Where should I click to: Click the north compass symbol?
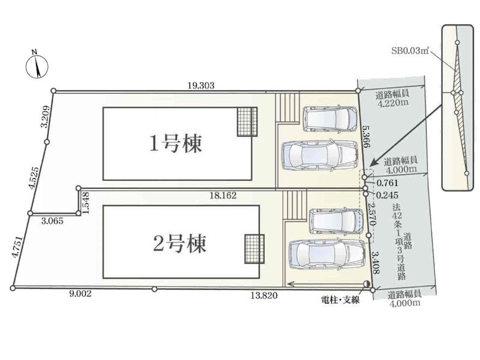37,67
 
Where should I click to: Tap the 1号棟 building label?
176,143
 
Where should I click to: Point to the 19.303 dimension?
201,85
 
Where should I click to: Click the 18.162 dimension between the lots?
223,196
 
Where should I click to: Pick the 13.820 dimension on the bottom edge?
264,295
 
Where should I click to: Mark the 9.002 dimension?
80,294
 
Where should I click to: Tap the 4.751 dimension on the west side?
17,247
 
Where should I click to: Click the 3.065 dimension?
52,221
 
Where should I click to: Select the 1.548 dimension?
86,203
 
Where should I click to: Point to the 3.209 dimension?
46,116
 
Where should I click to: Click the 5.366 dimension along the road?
367,136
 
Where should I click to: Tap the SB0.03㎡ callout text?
410,50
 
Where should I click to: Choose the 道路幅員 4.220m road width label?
393,98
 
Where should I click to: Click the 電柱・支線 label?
340,299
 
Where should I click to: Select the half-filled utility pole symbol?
367,284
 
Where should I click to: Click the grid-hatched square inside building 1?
247,122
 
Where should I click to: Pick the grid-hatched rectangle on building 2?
254,249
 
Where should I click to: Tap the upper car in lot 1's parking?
330,119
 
